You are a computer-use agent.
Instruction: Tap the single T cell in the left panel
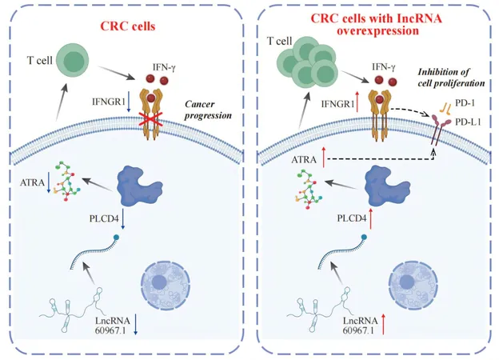pos(72,61)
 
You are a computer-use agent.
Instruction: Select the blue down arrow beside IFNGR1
pos(129,102)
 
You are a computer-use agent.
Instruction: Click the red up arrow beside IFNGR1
pos(357,102)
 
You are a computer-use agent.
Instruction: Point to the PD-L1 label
pos(468,122)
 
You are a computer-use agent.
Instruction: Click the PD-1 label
pos(465,103)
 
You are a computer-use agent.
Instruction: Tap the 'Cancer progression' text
pos(208,110)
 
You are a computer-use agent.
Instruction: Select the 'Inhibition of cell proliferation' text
pos(451,78)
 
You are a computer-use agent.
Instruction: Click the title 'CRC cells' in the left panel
pos(128,26)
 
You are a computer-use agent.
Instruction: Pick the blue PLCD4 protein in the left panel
pos(139,186)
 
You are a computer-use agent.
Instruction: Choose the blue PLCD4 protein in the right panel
pos(386,187)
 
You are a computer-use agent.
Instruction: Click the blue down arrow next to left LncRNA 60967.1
pos(136,324)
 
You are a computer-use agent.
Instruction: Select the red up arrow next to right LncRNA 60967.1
pos(383,324)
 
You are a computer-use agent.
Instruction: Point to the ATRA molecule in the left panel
pos(67,182)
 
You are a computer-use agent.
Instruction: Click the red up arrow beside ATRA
pos(324,158)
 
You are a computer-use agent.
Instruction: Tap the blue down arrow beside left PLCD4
pos(123,218)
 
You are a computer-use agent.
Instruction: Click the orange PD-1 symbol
pos(445,108)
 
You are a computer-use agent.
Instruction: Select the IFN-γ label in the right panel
pos(384,67)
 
